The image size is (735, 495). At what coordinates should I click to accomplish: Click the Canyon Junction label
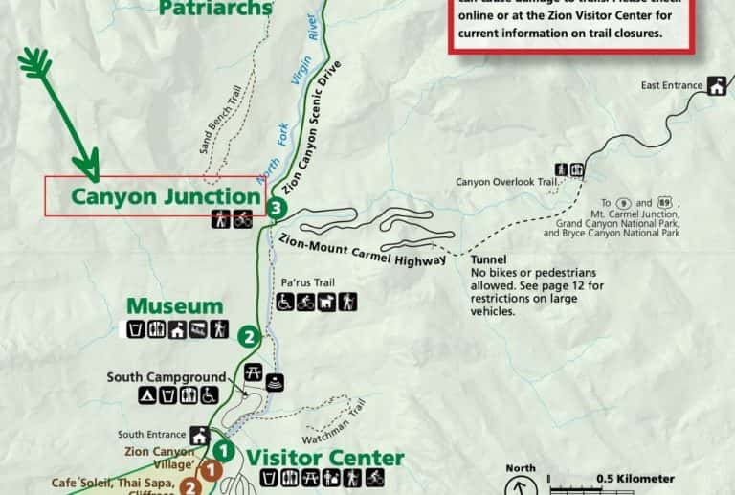point(166,197)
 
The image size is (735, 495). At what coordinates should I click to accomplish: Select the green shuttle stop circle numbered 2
point(249,336)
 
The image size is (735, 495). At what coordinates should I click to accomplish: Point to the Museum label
point(175,307)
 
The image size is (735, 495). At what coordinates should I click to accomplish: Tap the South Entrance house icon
point(200,436)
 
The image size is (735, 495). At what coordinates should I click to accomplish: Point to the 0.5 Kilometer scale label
point(635,479)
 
